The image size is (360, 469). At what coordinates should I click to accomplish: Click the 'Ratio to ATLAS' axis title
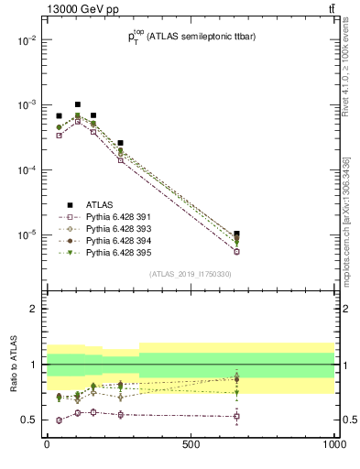click(x=13, y=364)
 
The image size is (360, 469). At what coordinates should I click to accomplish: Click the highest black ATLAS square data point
click(x=78, y=104)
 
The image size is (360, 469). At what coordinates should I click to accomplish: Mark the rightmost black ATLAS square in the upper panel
click(x=237, y=234)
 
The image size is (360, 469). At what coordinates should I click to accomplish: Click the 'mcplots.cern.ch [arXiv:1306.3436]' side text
click(x=346, y=229)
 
